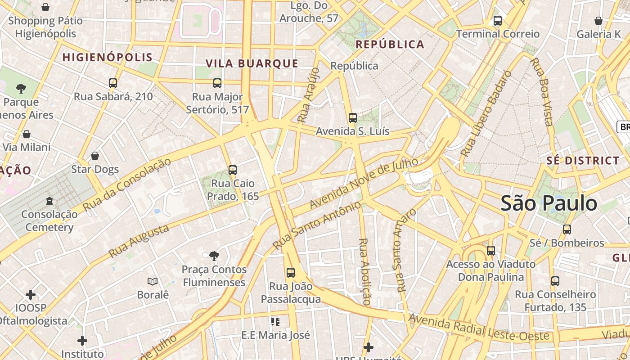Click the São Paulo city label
coord(549,203)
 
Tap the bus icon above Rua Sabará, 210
coord(113,83)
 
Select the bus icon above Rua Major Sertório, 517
coord(217,83)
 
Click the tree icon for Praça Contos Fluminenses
coord(214,256)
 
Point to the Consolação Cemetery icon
coord(49,201)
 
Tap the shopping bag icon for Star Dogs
coord(95,156)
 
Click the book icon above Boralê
coord(153,282)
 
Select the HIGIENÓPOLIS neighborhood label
coord(108,58)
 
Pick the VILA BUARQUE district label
coord(252,63)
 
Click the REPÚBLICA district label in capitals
coord(390,44)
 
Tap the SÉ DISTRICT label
coord(583,161)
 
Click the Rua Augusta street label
coord(139,241)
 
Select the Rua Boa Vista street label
coord(542,92)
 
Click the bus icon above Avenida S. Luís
coord(353,118)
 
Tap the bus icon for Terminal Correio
coord(498,21)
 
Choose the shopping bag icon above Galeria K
coord(598,21)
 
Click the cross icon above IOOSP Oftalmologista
coord(31,295)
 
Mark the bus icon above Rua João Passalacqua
coord(291,273)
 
